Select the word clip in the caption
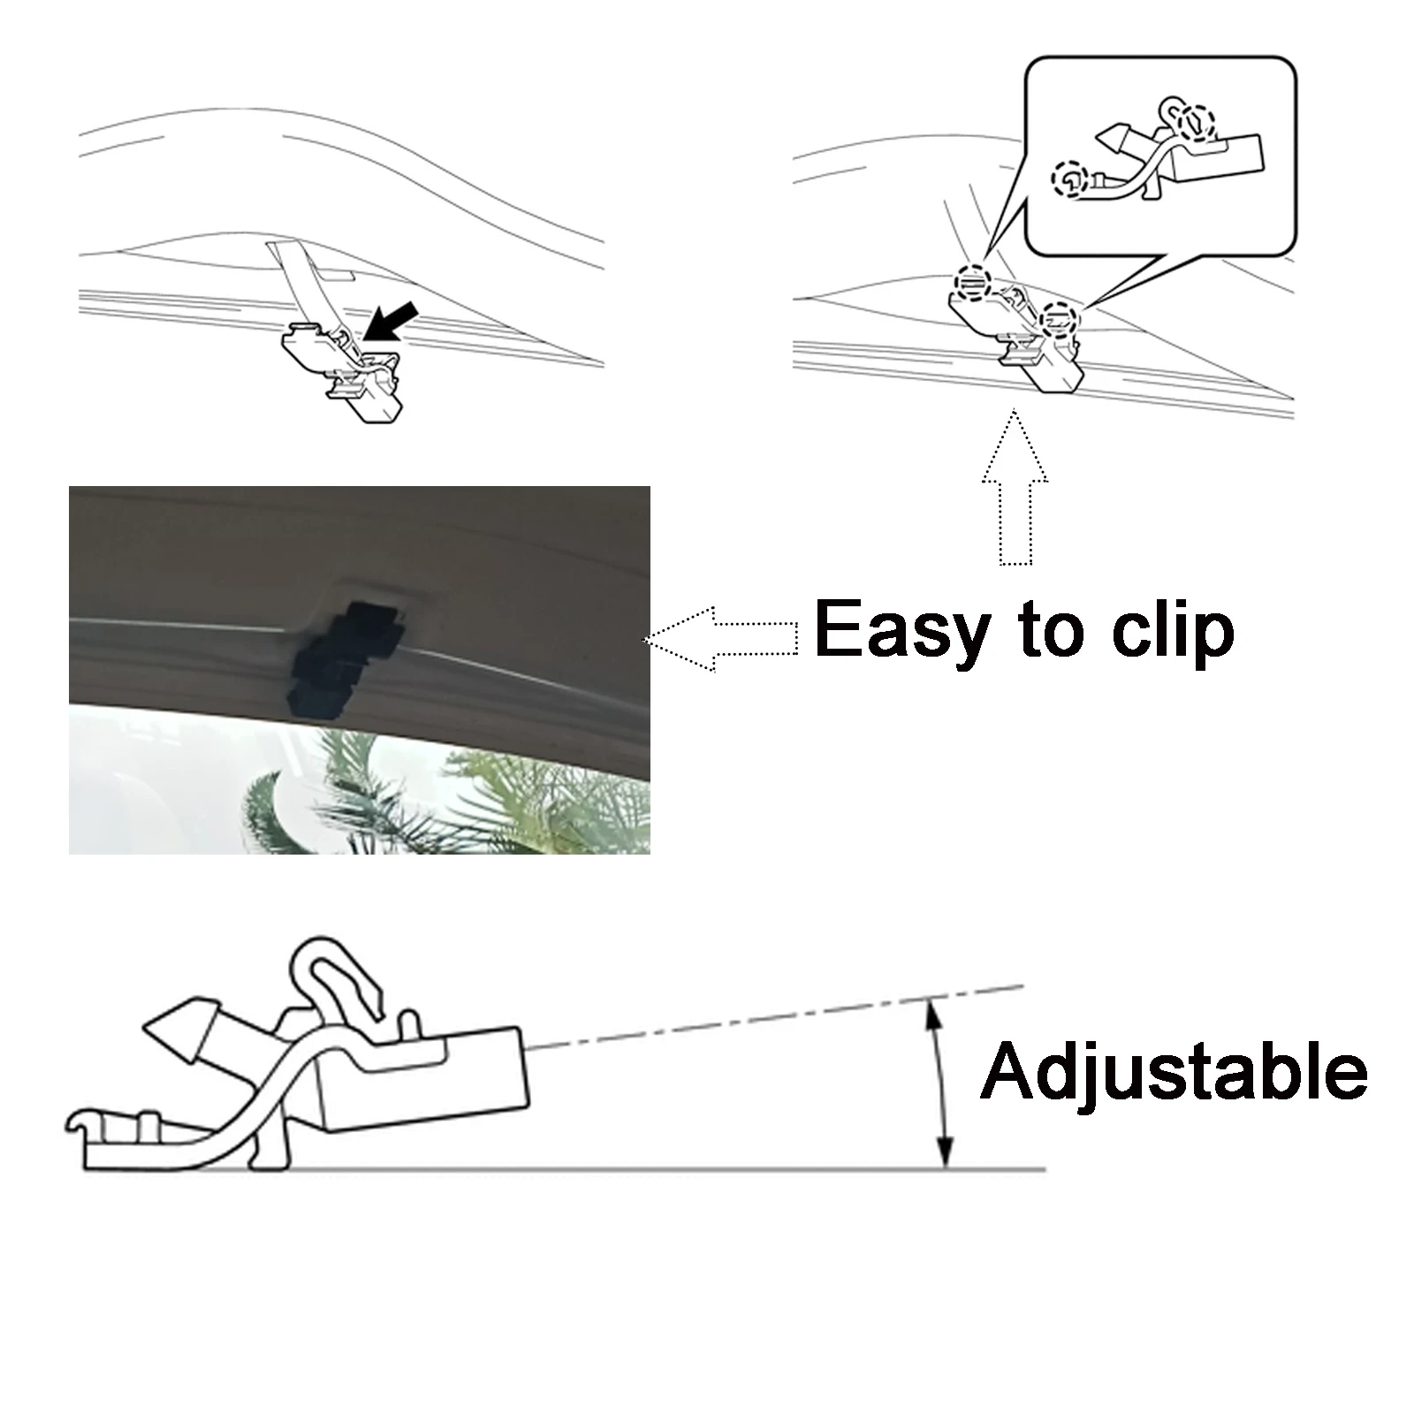click(1173, 629)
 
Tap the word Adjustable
click(1174, 1071)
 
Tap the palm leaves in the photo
click(442, 795)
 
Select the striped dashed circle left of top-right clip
click(972, 282)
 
